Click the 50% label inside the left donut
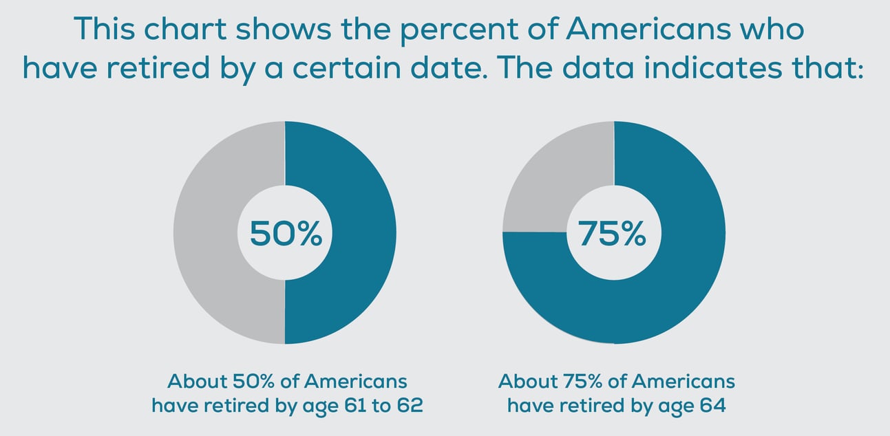tap(285, 233)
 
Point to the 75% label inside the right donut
tap(613, 233)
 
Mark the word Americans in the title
tap(647, 30)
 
